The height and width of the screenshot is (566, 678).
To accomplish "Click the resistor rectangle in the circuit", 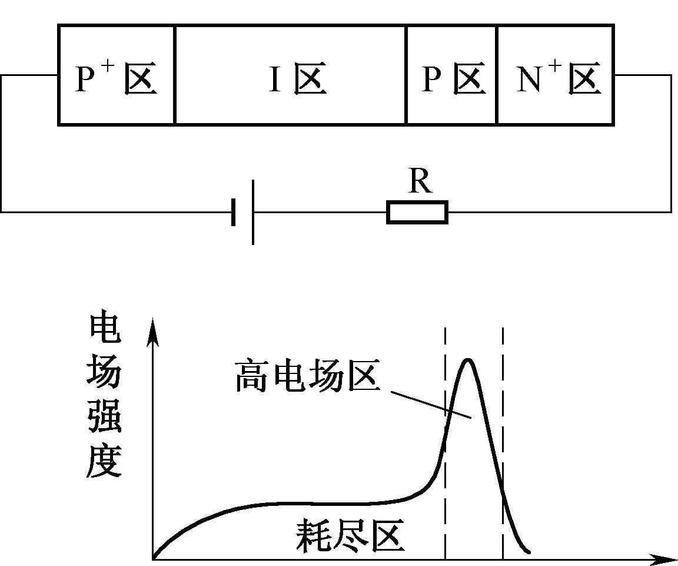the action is tap(417, 212).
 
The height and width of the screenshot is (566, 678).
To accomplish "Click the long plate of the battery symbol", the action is tap(253, 212).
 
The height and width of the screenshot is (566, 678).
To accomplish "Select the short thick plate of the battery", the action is tap(234, 212).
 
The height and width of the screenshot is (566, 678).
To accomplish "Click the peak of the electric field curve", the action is tap(467, 359).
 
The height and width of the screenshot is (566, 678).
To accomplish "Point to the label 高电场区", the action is tap(308, 376).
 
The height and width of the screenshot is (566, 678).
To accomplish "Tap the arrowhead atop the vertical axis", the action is tap(152, 331).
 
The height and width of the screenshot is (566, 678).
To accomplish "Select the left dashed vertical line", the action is tap(445, 443).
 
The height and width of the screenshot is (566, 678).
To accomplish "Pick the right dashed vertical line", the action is tap(503, 443).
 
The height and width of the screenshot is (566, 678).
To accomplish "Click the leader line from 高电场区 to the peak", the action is tap(431, 405).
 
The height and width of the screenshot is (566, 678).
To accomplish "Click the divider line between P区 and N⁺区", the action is tap(497, 75).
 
